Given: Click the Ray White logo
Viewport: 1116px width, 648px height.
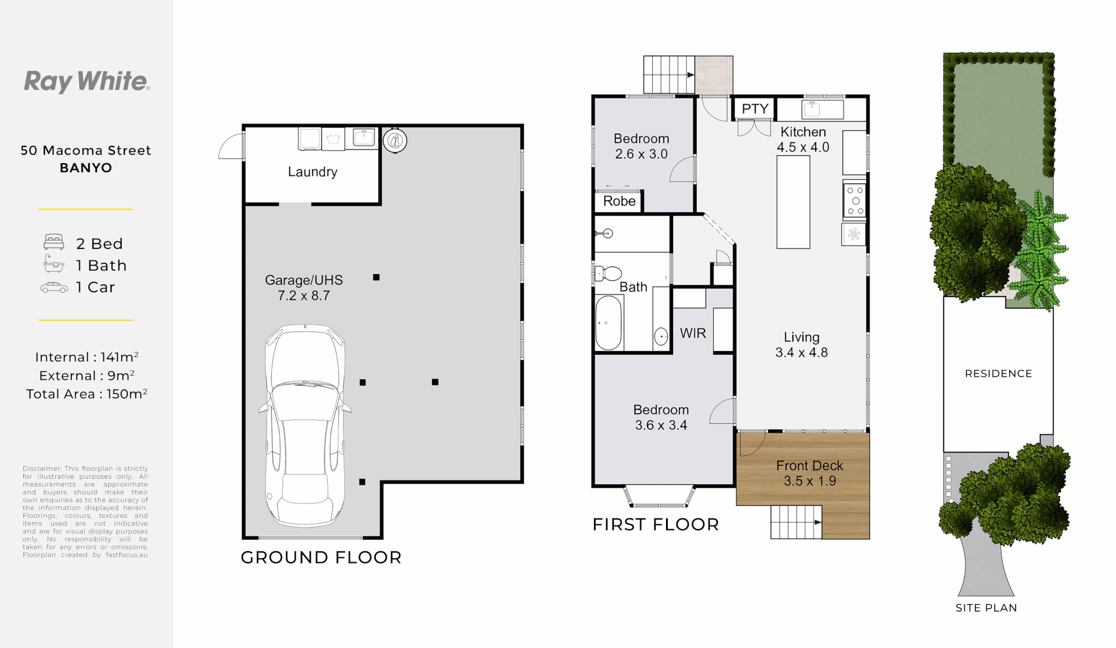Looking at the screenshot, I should click(x=87, y=82).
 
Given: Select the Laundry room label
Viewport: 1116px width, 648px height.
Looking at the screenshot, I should click(x=313, y=172).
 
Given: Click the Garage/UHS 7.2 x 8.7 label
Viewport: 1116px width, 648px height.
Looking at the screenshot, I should click(x=304, y=288).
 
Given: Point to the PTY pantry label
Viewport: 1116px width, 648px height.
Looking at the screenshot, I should click(x=755, y=109).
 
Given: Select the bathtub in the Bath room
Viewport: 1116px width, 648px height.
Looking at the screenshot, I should click(x=608, y=323).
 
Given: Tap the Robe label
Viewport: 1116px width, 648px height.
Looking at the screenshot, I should click(x=619, y=202).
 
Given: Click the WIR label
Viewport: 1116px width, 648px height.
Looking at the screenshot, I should click(x=693, y=334).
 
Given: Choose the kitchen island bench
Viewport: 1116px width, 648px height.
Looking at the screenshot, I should click(x=793, y=202).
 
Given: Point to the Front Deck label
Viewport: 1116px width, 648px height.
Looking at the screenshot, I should click(x=809, y=473).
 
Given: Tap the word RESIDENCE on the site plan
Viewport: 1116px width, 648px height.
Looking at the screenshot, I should click(x=998, y=374).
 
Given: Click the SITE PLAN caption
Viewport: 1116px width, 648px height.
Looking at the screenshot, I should click(x=986, y=608).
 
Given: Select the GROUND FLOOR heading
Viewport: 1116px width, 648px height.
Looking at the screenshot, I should click(x=321, y=557).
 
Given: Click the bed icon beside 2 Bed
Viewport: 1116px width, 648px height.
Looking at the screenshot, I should click(x=54, y=242).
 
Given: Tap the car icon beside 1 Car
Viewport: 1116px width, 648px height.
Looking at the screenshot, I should click(x=54, y=287).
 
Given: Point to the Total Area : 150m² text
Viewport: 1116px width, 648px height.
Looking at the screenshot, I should click(x=86, y=394).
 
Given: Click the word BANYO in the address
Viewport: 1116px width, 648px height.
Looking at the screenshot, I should click(x=86, y=168).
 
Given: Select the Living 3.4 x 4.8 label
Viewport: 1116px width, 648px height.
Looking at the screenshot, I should click(x=802, y=345).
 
